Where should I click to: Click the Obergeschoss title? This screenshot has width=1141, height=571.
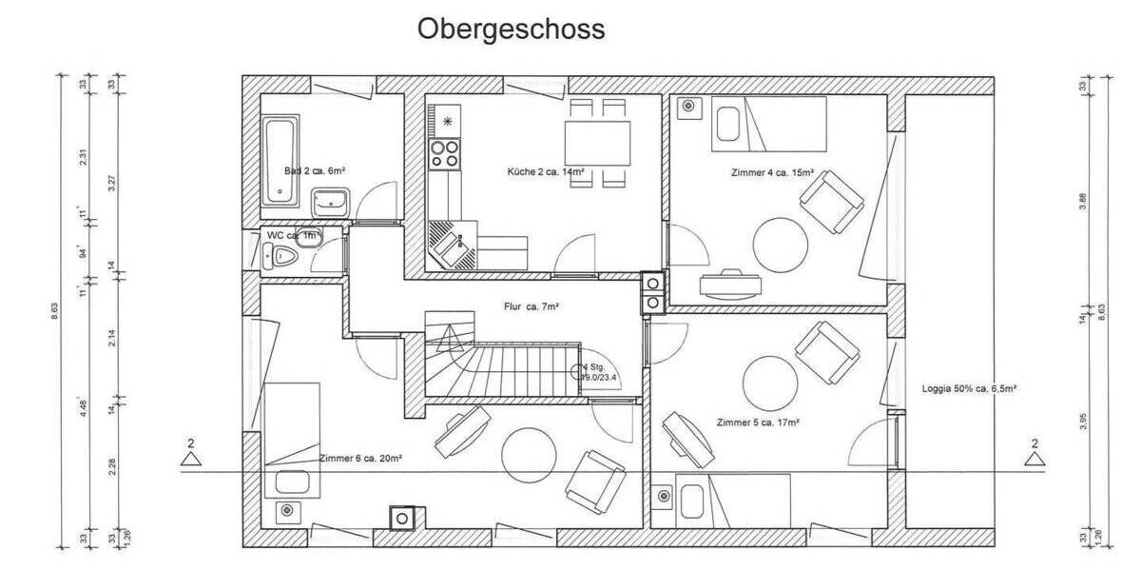coord(511,30)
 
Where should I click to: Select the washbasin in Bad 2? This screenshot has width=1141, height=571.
coord(330,201)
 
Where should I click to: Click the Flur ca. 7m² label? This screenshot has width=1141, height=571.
coord(531,306)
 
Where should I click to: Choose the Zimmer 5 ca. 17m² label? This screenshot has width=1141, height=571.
coord(758,422)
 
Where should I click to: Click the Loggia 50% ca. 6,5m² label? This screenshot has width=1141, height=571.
coord(970,388)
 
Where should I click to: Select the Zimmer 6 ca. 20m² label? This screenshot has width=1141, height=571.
coord(360,459)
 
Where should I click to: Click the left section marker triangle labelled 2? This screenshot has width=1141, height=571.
coord(192,460)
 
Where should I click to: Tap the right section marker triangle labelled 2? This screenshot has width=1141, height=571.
coord(1034,460)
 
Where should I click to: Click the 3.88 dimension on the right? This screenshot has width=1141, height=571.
coord(1085,199)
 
